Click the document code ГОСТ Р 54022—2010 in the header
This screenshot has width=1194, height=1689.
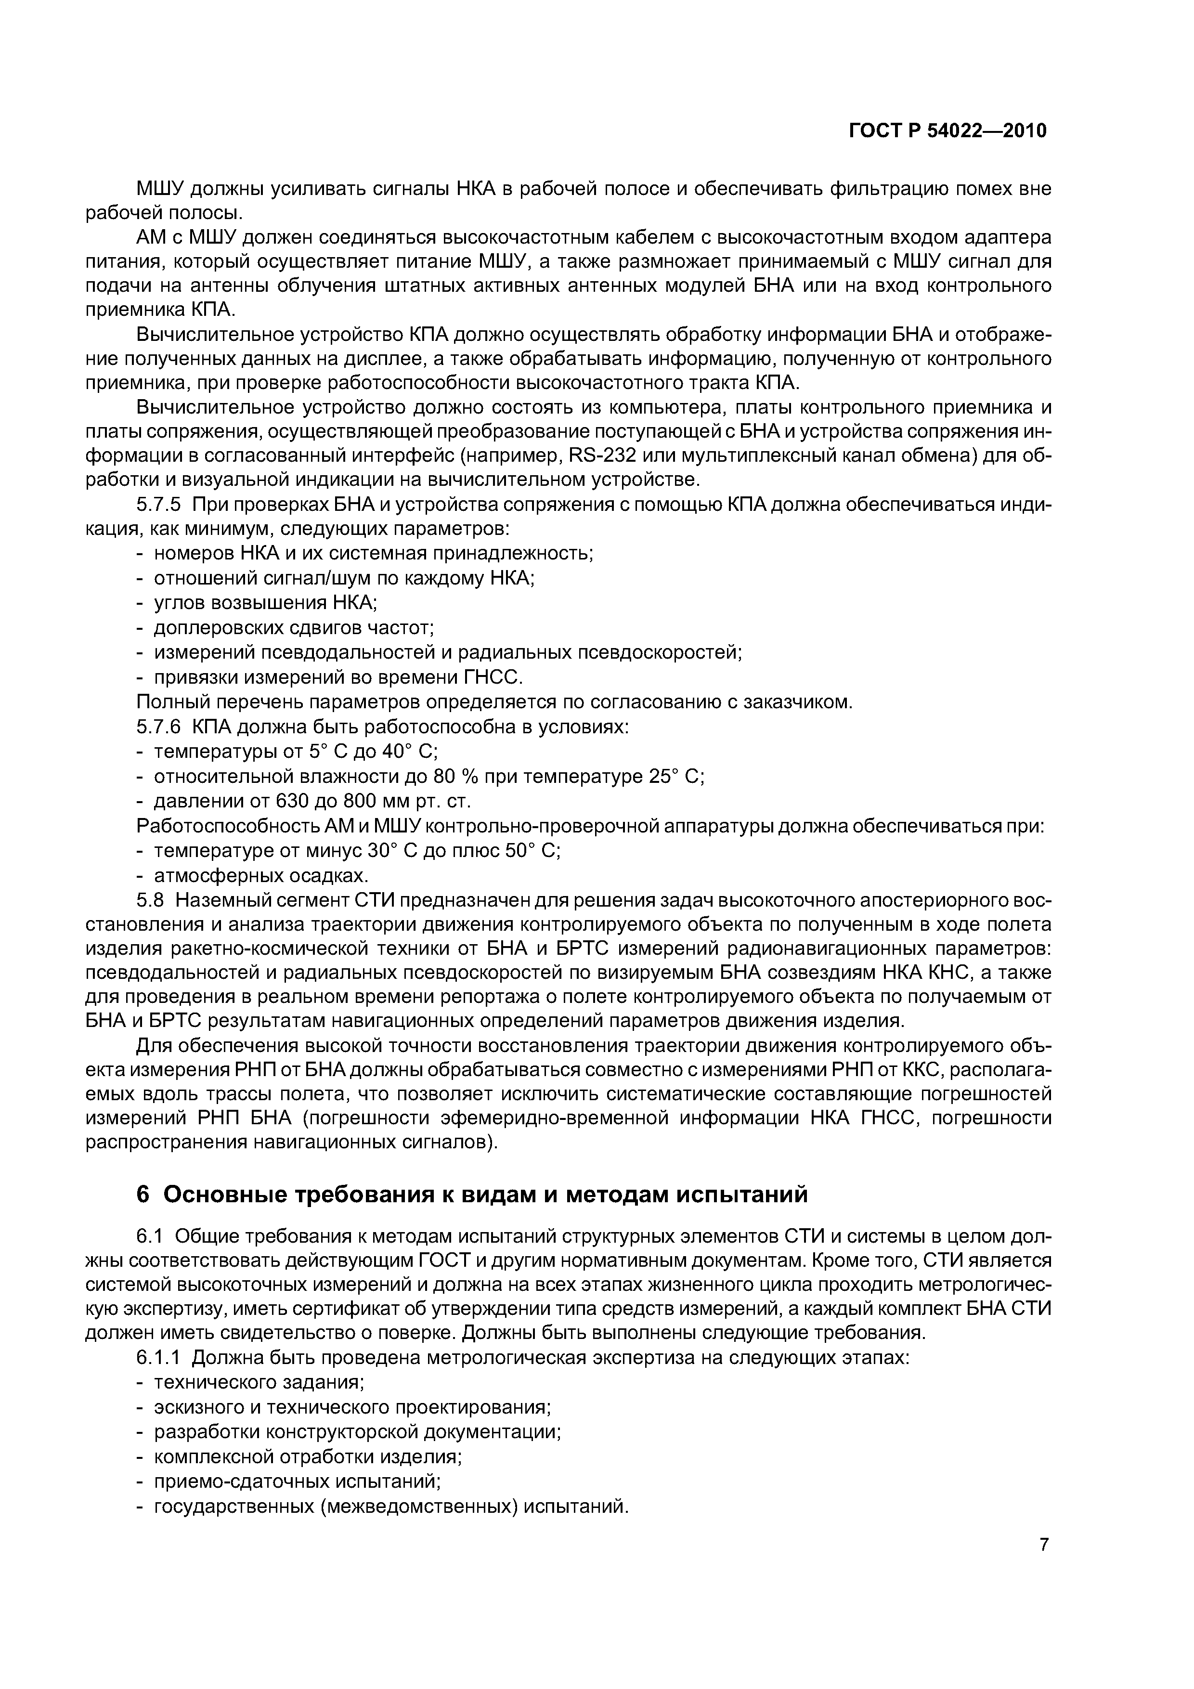(947, 131)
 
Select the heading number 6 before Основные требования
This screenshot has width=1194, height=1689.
(143, 1195)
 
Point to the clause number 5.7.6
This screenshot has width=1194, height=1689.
(158, 728)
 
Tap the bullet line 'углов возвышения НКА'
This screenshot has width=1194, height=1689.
(265, 603)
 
